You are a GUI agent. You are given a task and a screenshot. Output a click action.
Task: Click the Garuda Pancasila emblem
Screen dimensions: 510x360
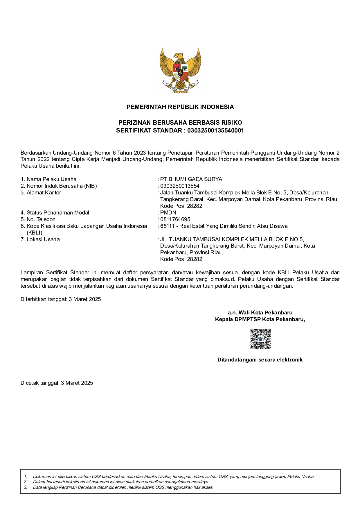(180, 70)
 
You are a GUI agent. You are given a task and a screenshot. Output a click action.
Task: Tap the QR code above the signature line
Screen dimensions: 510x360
(260, 339)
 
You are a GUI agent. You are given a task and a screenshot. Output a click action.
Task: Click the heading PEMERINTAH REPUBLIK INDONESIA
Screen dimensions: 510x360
(180, 107)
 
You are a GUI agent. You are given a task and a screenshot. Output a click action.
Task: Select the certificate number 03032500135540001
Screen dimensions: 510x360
(215, 130)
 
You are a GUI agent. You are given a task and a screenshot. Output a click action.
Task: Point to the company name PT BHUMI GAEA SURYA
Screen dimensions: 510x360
(191, 179)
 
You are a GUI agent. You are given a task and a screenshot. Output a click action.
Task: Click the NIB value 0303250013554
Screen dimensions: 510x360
(180, 186)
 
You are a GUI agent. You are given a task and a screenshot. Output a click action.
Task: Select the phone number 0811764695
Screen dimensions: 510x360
(175, 219)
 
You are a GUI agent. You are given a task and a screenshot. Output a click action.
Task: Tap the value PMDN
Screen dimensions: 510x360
(168, 213)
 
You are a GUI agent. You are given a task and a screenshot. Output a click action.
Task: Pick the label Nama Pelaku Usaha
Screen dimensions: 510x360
(51, 179)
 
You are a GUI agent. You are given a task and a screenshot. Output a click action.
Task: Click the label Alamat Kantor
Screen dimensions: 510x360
(44, 193)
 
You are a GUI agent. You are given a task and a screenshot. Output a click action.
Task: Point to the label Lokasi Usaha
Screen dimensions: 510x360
(43, 239)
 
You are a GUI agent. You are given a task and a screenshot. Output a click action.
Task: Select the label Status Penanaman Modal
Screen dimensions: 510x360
(58, 213)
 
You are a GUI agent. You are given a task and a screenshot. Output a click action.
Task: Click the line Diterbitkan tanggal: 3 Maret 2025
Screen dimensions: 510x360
(61, 299)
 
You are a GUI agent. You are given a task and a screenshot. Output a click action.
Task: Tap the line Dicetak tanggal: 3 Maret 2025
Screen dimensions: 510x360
(57, 383)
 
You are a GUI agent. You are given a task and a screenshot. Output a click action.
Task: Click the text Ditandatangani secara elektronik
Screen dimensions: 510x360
(260, 360)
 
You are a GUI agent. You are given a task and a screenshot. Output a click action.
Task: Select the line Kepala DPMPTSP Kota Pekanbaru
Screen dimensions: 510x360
(260, 319)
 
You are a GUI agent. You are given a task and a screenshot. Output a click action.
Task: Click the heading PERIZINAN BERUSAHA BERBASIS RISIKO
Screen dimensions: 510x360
(180, 123)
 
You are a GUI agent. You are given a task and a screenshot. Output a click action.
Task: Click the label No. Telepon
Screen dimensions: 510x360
(41, 219)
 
